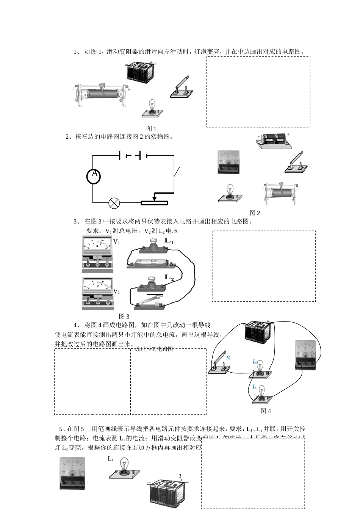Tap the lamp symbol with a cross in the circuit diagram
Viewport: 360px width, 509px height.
114,203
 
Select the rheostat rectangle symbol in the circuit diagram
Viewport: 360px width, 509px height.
154,203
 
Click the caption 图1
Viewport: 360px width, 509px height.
151,129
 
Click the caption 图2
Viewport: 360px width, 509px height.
255,213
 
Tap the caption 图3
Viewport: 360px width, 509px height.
124,316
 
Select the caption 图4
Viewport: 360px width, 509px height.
266,411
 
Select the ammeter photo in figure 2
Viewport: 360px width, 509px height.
229,162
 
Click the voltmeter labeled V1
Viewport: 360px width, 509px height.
97,253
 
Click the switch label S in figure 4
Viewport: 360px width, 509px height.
228,358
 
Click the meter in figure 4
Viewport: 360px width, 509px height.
305,355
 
